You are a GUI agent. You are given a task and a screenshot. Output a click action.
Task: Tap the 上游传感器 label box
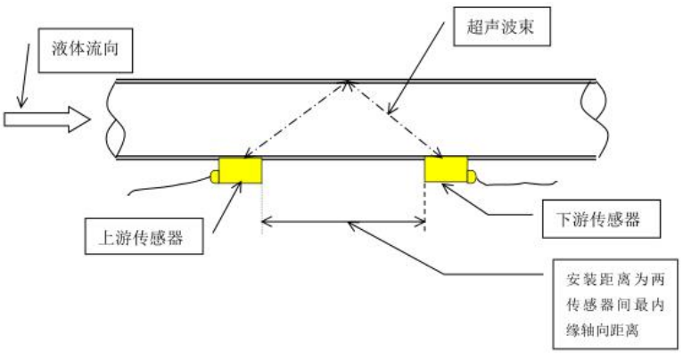point(142,236)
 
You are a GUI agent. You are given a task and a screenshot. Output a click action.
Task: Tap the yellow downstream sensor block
point(446,169)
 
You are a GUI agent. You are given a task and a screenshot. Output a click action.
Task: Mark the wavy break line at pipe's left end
point(115,120)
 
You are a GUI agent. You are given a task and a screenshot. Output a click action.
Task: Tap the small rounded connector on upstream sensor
point(215,176)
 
